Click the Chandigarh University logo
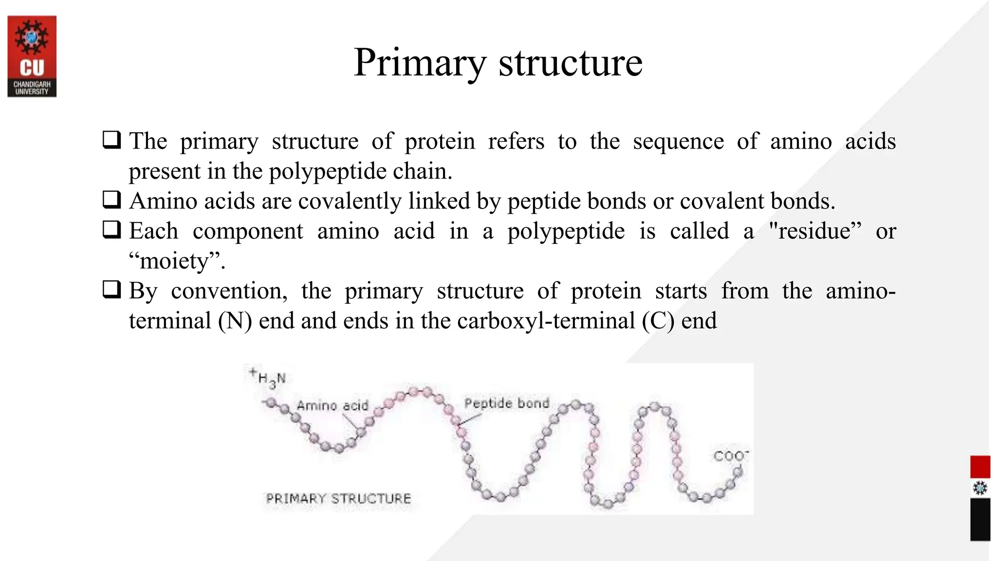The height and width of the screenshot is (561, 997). pos(32,56)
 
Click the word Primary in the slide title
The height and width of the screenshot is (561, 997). pos(419,63)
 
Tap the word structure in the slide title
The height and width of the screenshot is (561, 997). pos(570,63)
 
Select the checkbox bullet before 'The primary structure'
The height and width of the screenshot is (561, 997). pos(111,141)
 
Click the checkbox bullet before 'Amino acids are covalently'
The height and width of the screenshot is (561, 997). pos(111,200)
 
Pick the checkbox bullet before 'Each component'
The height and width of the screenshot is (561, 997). pos(111,230)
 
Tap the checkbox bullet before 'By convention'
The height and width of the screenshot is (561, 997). pos(111,290)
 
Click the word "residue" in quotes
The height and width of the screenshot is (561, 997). pos(814,231)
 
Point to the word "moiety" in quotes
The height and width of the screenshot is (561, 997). pos(176,261)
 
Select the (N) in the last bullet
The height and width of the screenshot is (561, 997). pos(235,321)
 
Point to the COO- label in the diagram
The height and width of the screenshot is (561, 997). pos(730,456)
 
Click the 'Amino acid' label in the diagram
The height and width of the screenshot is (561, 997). pos(332,406)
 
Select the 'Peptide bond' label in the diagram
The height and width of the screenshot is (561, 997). pos(506,403)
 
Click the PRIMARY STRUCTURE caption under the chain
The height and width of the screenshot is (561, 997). pos(338,499)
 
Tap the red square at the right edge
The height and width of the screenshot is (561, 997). pos(980,467)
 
